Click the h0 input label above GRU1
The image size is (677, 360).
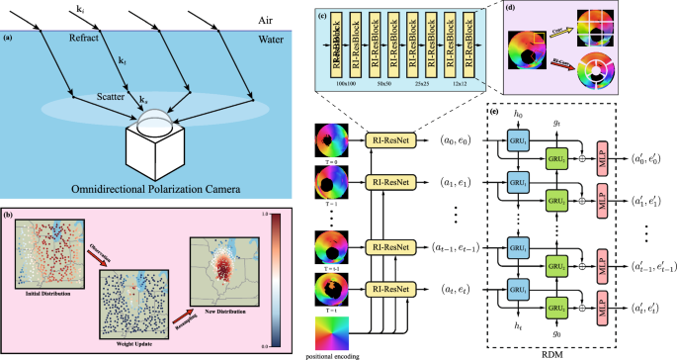[516, 115]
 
